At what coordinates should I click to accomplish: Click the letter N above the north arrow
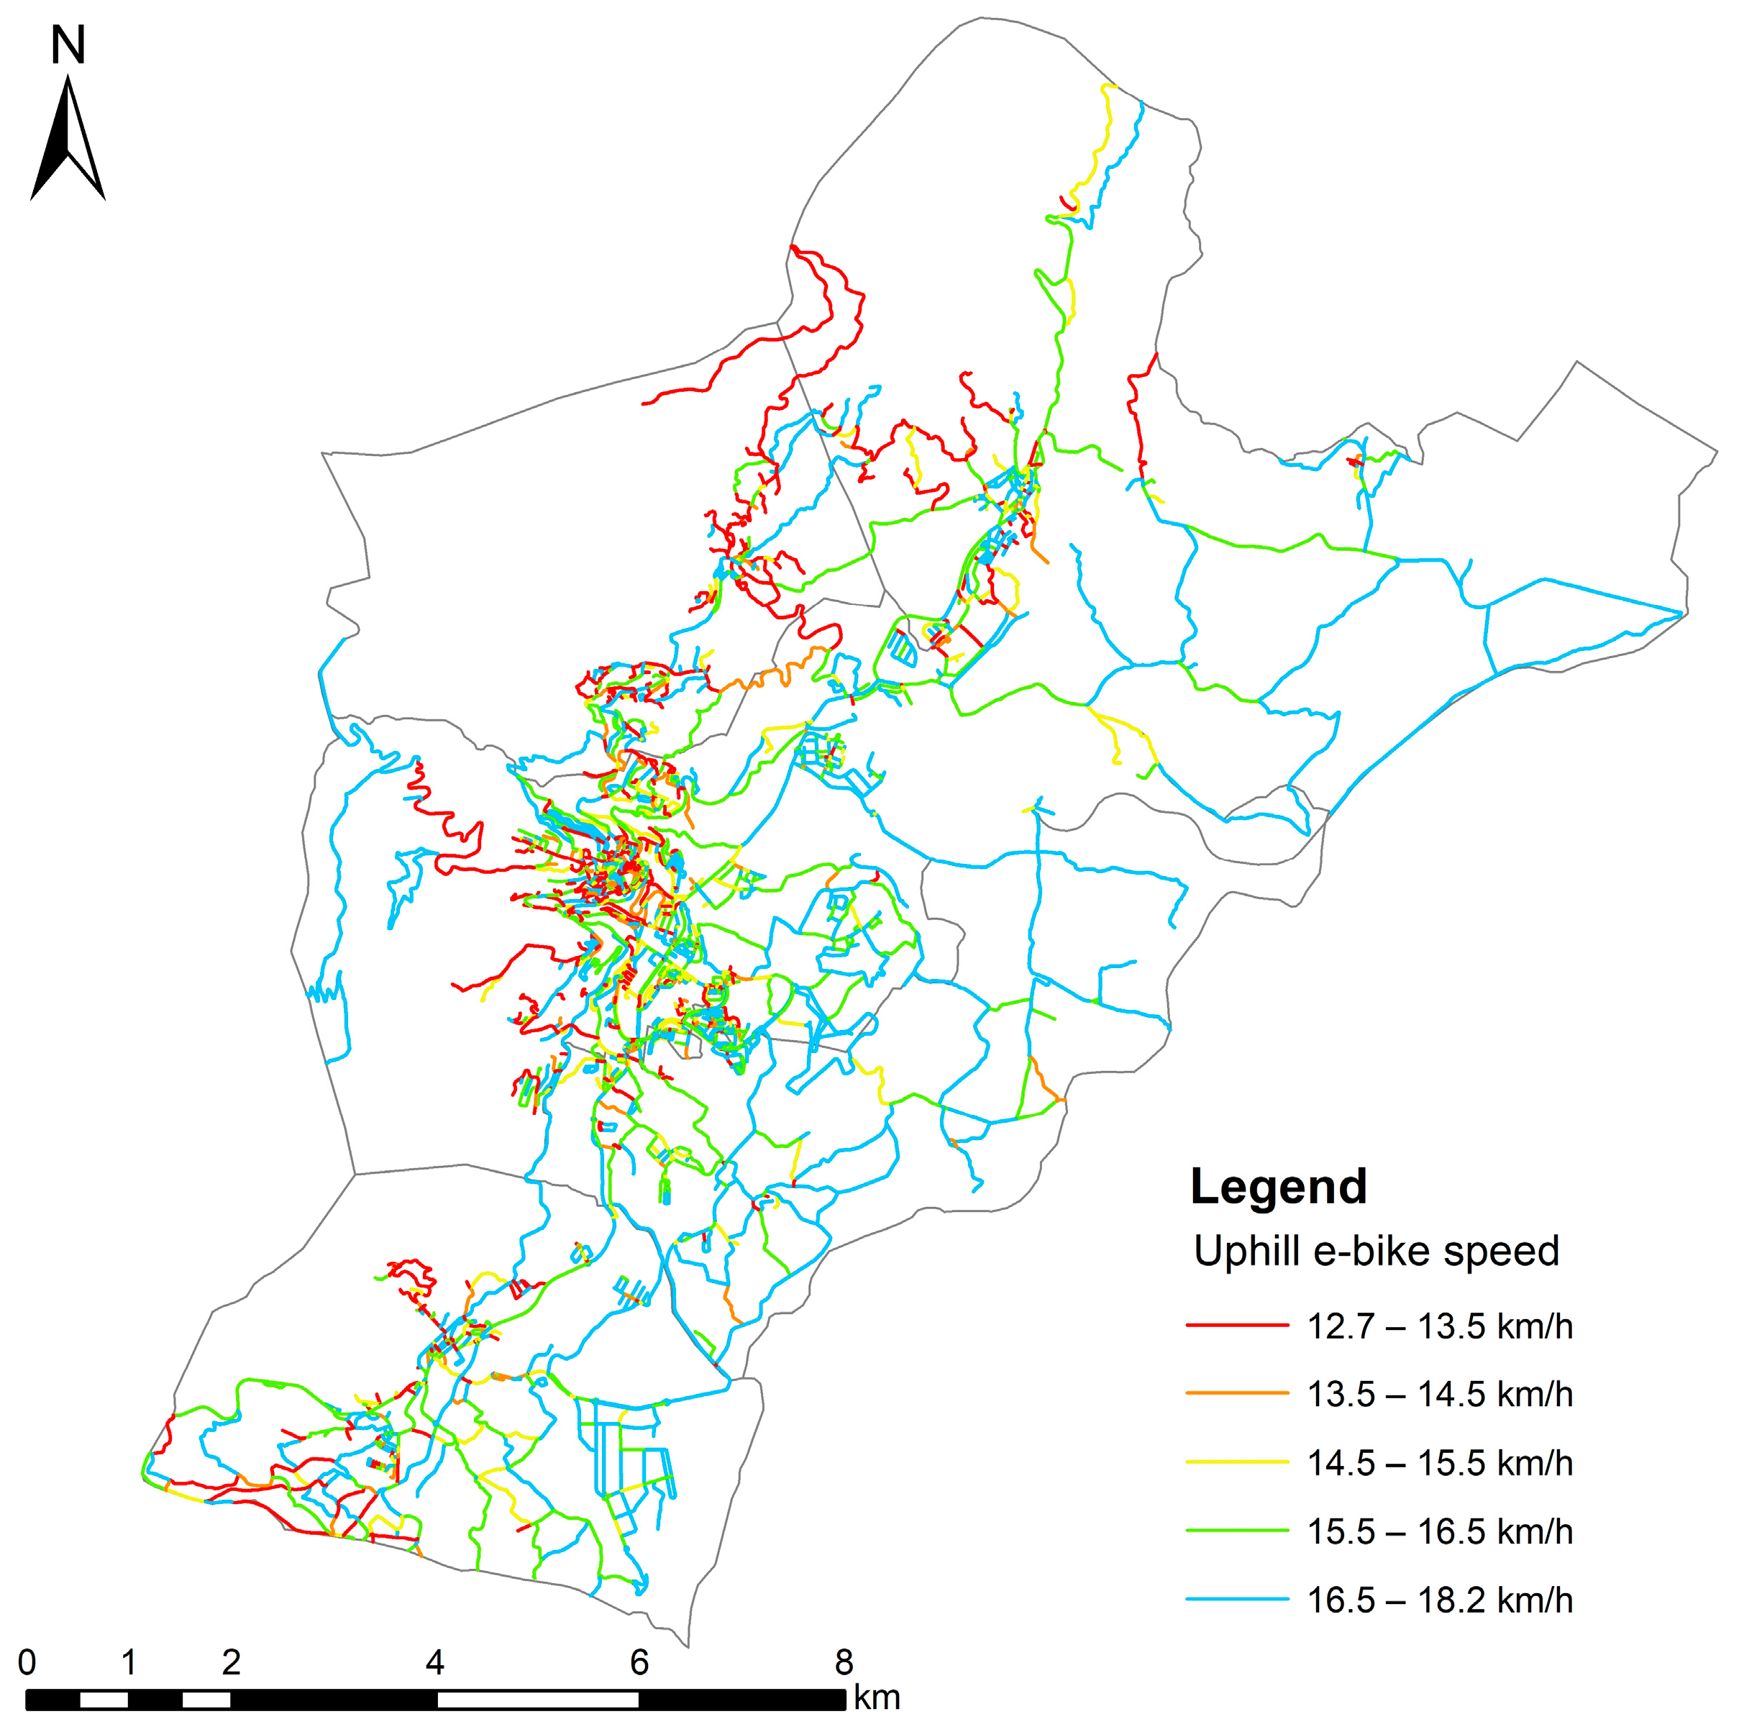pyautogui.click(x=68, y=45)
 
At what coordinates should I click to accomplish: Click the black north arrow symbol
pyautogui.click(x=68, y=144)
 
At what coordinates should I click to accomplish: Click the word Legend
pyautogui.click(x=1278, y=1188)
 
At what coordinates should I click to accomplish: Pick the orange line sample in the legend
pyautogui.click(x=1238, y=1393)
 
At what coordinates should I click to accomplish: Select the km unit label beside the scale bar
pyautogui.click(x=877, y=1697)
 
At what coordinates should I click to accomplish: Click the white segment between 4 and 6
pyautogui.click(x=537, y=1700)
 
